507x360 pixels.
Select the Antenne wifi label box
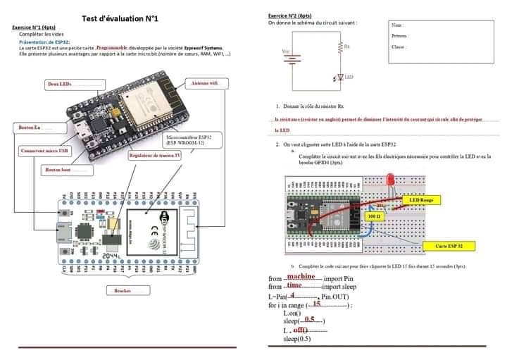206,83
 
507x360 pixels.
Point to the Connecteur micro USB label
45,151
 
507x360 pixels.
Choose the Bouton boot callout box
67,170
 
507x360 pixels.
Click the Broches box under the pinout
127,290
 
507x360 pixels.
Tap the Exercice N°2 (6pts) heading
289,15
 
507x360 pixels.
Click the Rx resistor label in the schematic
346,46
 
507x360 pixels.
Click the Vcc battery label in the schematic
284,51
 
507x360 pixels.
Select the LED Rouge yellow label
426,200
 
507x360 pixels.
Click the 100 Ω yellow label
374,216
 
